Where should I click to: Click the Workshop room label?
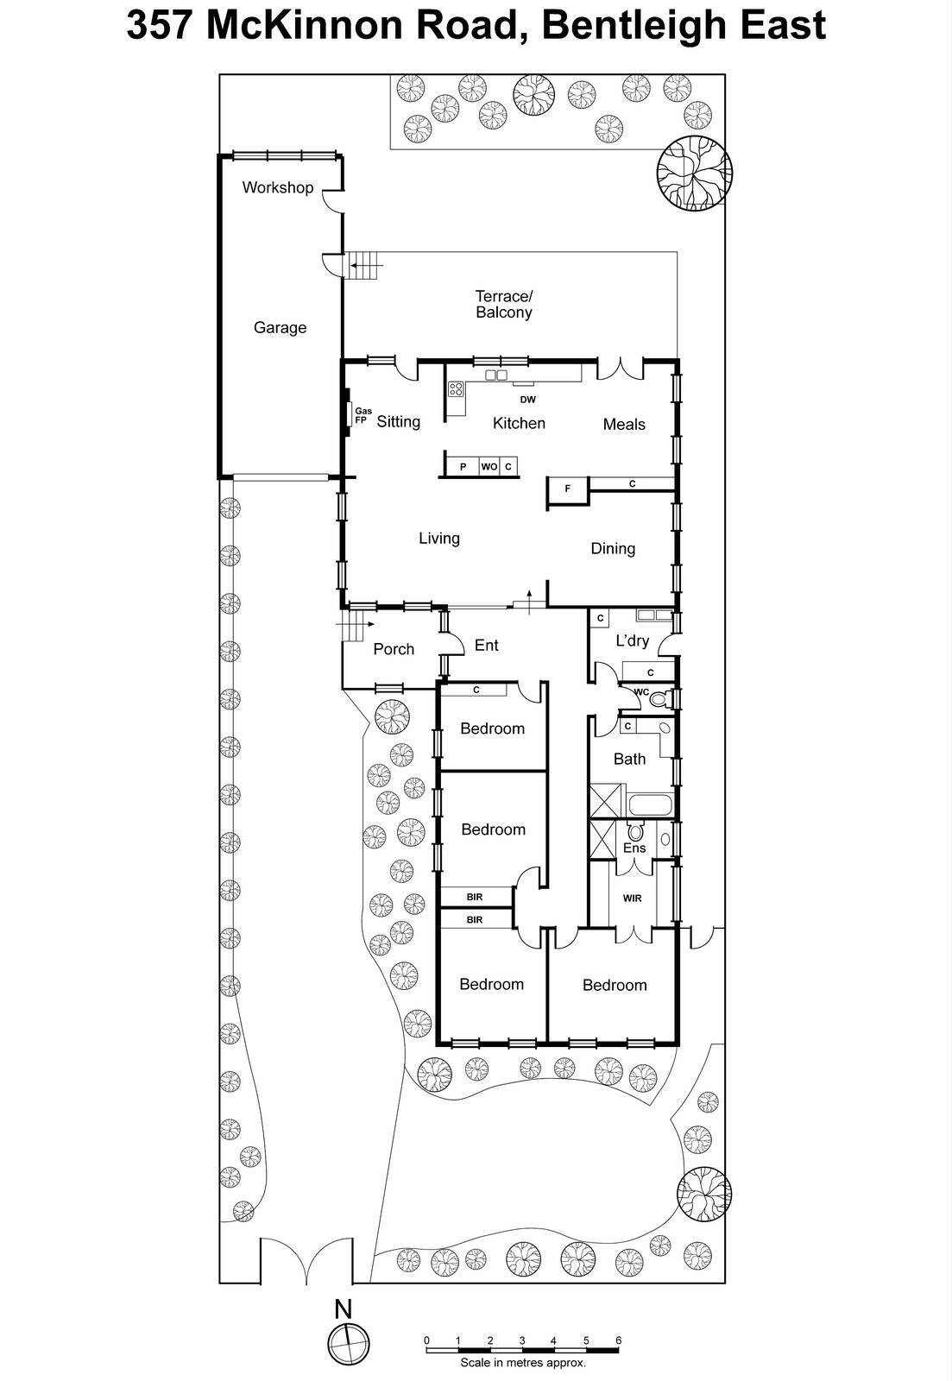click(277, 187)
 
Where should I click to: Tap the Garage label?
click(280, 328)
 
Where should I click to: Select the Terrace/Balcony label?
click(504, 305)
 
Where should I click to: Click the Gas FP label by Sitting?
click(363, 416)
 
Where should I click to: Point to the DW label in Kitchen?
click(527, 400)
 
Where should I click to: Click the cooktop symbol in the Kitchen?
click(457, 389)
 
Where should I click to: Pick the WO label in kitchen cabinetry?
click(489, 467)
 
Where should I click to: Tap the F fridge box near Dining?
click(568, 489)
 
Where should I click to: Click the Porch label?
click(394, 649)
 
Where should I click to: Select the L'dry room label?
click(632, 640)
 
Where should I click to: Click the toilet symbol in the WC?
click(659, 698)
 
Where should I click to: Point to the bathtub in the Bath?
click(650, 806)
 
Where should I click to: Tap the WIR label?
click(632, 899)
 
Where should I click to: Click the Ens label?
click(634, 848)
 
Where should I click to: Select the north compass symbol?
click(348, 1344)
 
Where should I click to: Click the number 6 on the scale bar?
click(618, 1340)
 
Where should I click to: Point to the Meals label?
click(624, 424)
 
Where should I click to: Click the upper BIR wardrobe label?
click(474, 897)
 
